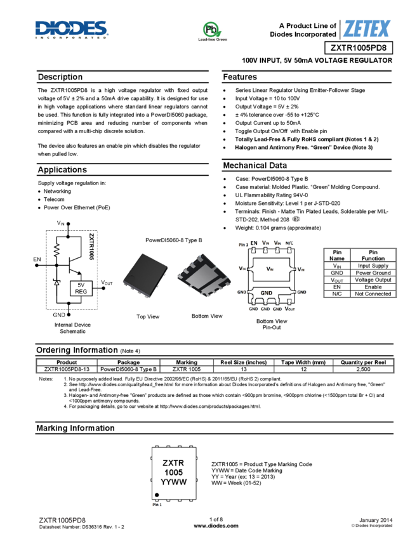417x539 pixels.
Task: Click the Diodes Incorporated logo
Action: [x=72, y=30]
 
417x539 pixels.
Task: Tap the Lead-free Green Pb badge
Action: [x=212, y=32]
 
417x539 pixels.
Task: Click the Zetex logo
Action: [x=362, y=29]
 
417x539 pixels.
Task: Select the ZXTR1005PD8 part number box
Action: [x=358, y=48]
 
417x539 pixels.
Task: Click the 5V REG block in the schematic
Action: [x=81, y=289]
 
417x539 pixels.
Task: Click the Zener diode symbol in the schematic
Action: [x=56, y=282]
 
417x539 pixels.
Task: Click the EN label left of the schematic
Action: [x=37, y=259]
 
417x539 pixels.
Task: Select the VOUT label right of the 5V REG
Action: [x=107, y=283]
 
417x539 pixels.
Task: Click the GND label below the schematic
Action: [x=59, y=315]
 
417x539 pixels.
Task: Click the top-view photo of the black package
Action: [x=146, y=276]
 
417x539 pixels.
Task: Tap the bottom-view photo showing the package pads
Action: [x=204, y=276]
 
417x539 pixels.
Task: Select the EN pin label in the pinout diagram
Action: [x=254, y=243]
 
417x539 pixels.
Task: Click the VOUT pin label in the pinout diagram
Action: [x=289, y=309]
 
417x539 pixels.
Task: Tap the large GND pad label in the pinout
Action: [x=267, y=293]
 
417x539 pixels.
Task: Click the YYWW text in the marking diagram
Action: [x=174, y=483]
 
